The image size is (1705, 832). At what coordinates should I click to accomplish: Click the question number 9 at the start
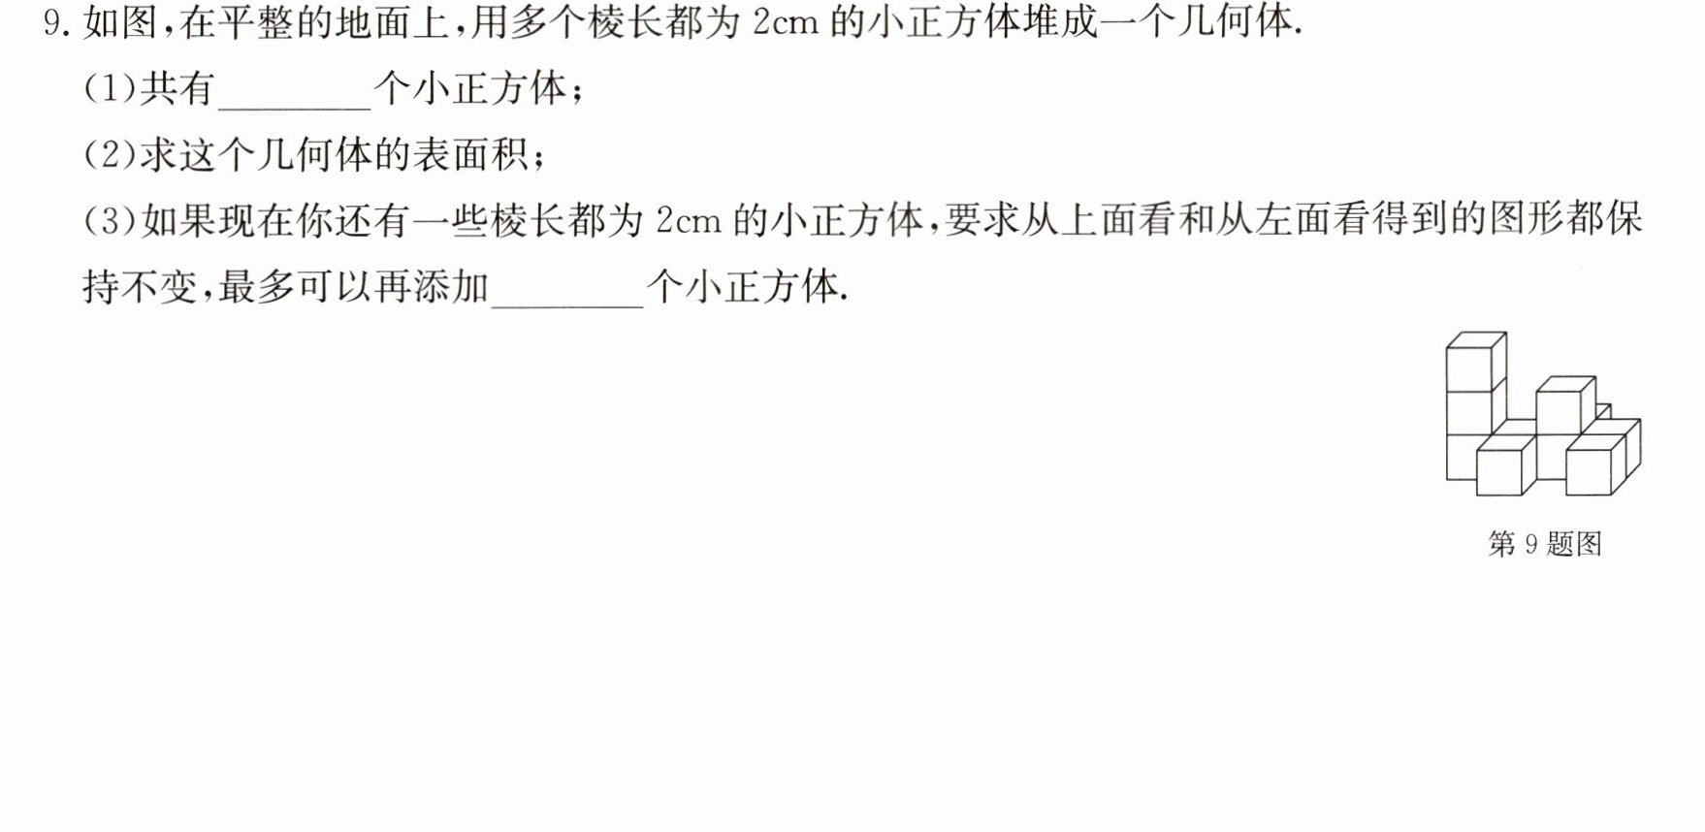point(51,23)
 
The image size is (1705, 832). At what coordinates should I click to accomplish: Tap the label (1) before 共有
point(111,89)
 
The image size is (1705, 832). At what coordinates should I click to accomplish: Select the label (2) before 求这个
point(111,155)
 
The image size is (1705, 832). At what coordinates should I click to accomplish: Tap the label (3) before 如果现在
point(111,221)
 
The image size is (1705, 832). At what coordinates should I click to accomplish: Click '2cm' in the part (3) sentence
point(689,221)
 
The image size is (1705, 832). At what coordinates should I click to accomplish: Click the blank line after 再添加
point(567,306)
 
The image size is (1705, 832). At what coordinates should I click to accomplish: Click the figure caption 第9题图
point(1545,544)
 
